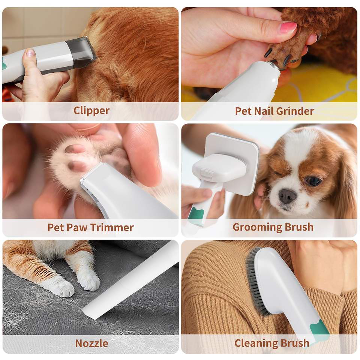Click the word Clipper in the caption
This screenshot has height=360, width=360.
click(x=91, y=111)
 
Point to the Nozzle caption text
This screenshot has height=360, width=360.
click(x=91, y=343)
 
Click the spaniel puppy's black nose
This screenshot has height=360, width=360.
click(x=288, y=196)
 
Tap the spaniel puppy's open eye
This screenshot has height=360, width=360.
click(x=313, y=181)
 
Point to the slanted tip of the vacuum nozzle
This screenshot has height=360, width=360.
click(x=90, y=313)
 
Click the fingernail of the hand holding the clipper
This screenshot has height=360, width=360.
click(x=30, y=53)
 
